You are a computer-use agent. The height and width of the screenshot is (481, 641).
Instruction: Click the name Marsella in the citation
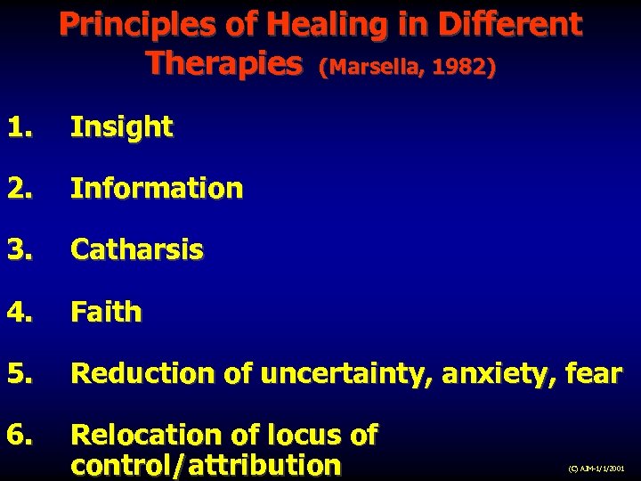click(x=365, y=68)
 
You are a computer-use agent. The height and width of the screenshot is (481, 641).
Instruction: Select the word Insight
click(x=121, y=127)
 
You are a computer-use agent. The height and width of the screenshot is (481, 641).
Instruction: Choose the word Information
click(x=156, y=189)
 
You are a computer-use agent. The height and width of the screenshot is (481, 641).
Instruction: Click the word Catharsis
click(x=136, y=250)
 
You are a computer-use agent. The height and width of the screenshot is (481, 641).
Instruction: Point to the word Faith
click(x=106, y=312)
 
